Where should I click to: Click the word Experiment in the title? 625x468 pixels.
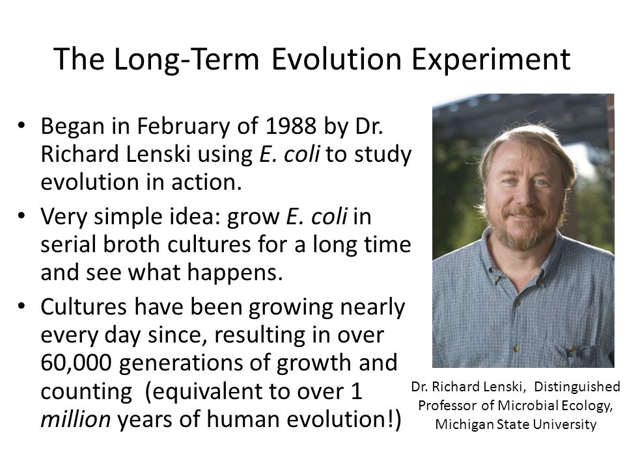pos(491,60)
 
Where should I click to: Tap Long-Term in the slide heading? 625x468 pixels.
pos(186,59)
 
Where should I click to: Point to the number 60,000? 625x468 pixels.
pos(76,363)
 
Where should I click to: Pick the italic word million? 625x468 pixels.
pos(76,419)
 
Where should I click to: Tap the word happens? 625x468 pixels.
pos(235,274)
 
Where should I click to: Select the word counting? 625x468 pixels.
pos(87,392)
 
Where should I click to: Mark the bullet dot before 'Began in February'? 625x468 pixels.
pos(21,125)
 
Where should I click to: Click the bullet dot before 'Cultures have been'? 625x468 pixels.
pos(21,306)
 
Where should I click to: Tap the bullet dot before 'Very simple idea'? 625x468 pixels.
pos(21,215)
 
